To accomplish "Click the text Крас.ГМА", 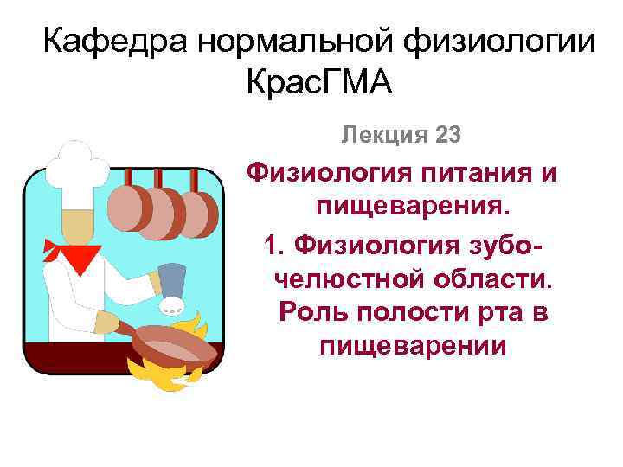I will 319,85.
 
